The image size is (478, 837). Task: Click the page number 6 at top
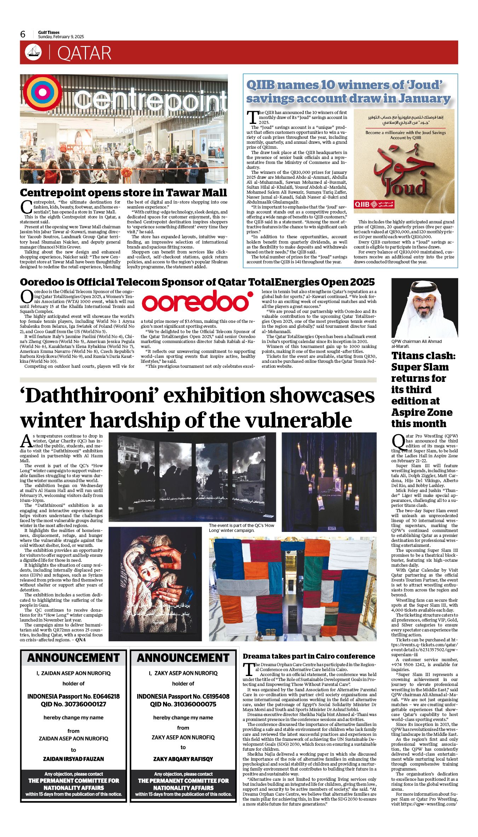(23, 34)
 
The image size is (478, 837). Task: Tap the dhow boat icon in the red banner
(33, 52)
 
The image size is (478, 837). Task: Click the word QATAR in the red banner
(84, 53)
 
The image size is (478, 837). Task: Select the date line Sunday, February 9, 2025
(61, 37)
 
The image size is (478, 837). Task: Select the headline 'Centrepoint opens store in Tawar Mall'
(123, 193)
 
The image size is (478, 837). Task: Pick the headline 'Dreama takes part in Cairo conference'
(309, 656)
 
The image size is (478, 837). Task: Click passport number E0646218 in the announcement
(104, 696)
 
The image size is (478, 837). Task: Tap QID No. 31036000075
(183, 704)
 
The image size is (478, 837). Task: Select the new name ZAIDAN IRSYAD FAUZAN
(74, 759)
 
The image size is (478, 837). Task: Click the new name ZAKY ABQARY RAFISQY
(183, 759)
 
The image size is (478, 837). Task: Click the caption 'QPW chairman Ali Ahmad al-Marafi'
(416, 344)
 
